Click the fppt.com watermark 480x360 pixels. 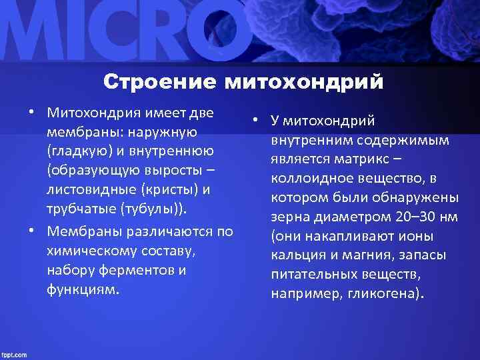(15, 353)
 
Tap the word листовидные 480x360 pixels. (89, 189)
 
